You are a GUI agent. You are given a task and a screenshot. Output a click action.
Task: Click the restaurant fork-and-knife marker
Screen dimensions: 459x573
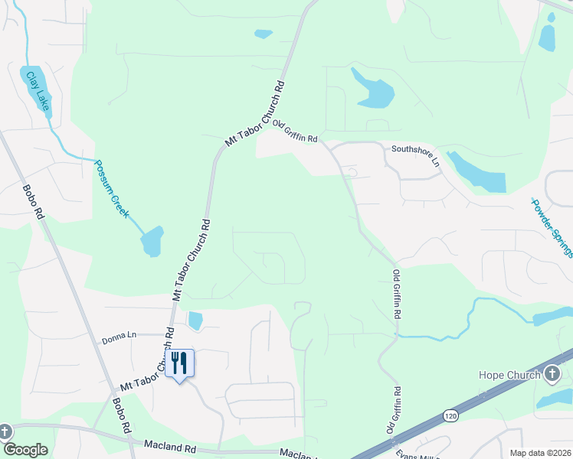click(x=179, y=363)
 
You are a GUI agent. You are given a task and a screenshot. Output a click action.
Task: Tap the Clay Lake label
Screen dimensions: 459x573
click(x=37, y=90)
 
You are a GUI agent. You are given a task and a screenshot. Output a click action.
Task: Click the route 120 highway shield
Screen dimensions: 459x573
click(x=450, y=415)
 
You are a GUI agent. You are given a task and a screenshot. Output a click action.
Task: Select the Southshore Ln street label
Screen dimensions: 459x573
click(x=416, y=156)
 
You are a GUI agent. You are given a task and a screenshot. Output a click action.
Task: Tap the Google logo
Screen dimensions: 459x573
click(x=25, y=450)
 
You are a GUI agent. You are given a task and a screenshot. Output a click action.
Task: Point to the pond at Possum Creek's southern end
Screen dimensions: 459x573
click(x=152, y=241)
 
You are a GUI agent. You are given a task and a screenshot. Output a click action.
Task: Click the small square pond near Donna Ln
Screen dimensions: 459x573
click(x=195, y=321)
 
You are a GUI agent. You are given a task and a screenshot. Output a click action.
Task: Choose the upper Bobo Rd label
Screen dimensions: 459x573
click(x=34, y=202)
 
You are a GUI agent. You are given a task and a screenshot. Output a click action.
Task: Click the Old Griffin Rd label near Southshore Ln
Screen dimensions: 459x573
click(x=295, y=134)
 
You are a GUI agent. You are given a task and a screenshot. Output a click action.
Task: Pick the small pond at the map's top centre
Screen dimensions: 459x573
click(x=263, y=34)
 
